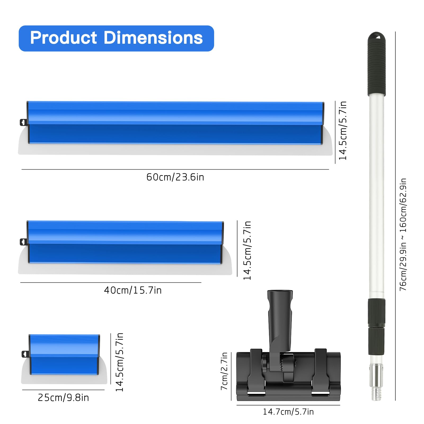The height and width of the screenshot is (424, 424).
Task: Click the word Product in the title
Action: pyautogui.click(x=64, y=38)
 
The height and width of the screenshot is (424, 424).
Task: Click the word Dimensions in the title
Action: pyautogui.click(x=153, y=38)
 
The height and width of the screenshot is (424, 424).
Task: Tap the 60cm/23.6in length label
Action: pyautogui.click(x=175, y=177)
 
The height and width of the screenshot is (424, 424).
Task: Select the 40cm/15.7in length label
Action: pyautogui.click(x=133, y=290)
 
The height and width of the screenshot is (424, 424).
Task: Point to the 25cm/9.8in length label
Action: pyautogui.click(x=63, y=398)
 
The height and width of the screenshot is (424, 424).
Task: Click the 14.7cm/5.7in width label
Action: pyautogui.click(x=288, y=412)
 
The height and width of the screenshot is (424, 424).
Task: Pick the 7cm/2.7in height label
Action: pyautogui.click(x=224, y=371)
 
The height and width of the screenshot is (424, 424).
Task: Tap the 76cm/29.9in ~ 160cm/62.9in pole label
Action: pyautogui.click(x=403, y=235)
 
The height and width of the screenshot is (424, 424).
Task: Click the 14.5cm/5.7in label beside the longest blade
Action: pyautogui.click(x=343, y=131)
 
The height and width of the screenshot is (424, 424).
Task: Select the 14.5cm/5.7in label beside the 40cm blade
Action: pyautogui.click(x=247, y=250)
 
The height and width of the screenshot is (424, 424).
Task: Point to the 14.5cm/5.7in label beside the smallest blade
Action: pyautogui.click(x=120, y=362)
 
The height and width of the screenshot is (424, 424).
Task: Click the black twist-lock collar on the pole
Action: pyautogui.click(x=376, y=313)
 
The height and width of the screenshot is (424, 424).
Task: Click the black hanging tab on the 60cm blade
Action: pyautogui.click(x=23, y=122)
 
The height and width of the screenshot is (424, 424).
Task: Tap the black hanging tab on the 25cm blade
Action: pyautogui.click(x=25, y=354)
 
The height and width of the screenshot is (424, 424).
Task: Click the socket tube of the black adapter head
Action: pyautogui.click(x=280, y=313)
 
